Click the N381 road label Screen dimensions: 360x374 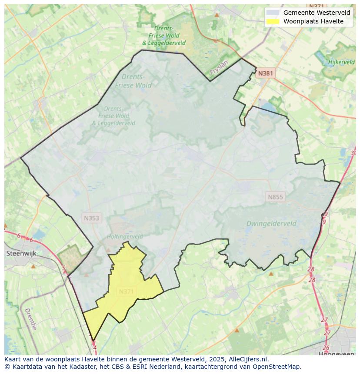point(265,73)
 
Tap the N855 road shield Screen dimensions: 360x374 point(275,197)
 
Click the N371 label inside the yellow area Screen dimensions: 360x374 point(126,291)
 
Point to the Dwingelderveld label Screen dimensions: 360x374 point(271,224)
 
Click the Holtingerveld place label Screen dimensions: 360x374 point(125,237)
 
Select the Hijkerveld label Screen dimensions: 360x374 point(341,62)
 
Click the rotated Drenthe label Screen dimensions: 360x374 point(30,319)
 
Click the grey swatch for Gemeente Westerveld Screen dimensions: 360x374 point(273,13)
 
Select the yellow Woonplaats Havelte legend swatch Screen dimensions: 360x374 point(273,21)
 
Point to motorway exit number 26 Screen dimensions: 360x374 point(326,348)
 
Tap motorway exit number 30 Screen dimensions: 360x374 point(353,153)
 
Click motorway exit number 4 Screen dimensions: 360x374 point(95,348)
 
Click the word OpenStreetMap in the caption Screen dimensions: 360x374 point(279,367)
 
